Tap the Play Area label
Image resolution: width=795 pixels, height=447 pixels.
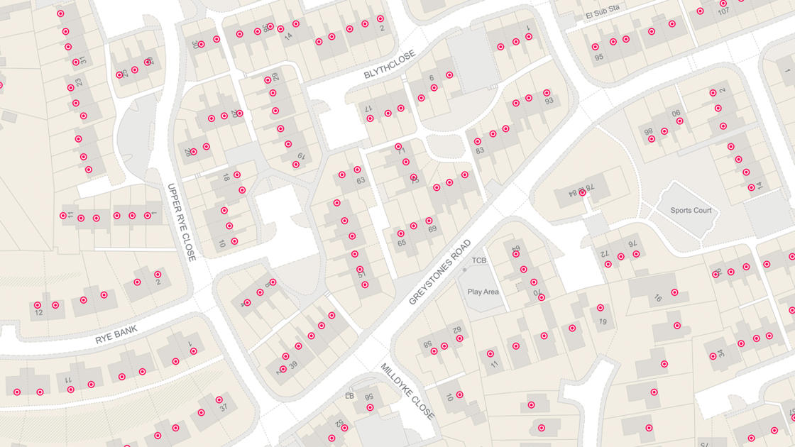click(x=483, y=292)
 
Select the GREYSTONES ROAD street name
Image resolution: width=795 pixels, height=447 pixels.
click(x=440, y=272)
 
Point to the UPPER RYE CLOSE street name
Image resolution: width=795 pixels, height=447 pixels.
click(x=181, y=222)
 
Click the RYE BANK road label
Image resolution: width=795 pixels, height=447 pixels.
click(x=116, y=335)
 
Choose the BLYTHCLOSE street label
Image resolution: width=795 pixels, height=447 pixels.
click(x=389, y=65)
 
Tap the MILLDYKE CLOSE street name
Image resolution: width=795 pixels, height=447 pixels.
click(x=407, y=392)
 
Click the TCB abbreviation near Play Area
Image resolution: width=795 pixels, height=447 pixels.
click(x=479, y=260)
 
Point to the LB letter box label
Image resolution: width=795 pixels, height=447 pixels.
click(x=349, y=396)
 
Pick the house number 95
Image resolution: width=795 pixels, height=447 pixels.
click(x=598, y=57)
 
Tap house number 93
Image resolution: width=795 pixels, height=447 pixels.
click(x=549, y=101)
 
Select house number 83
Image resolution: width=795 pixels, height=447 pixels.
click(x=480, y=150)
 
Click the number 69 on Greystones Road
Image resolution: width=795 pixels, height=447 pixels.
click(x=432, y=228)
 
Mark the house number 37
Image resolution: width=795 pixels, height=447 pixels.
click(x=223, y=408)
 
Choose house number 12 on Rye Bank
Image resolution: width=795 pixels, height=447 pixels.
click(x=38, y=313)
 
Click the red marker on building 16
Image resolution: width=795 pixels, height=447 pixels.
click(x=675, y=292)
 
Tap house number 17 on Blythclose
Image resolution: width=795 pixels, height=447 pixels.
click(x=368, y=109)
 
